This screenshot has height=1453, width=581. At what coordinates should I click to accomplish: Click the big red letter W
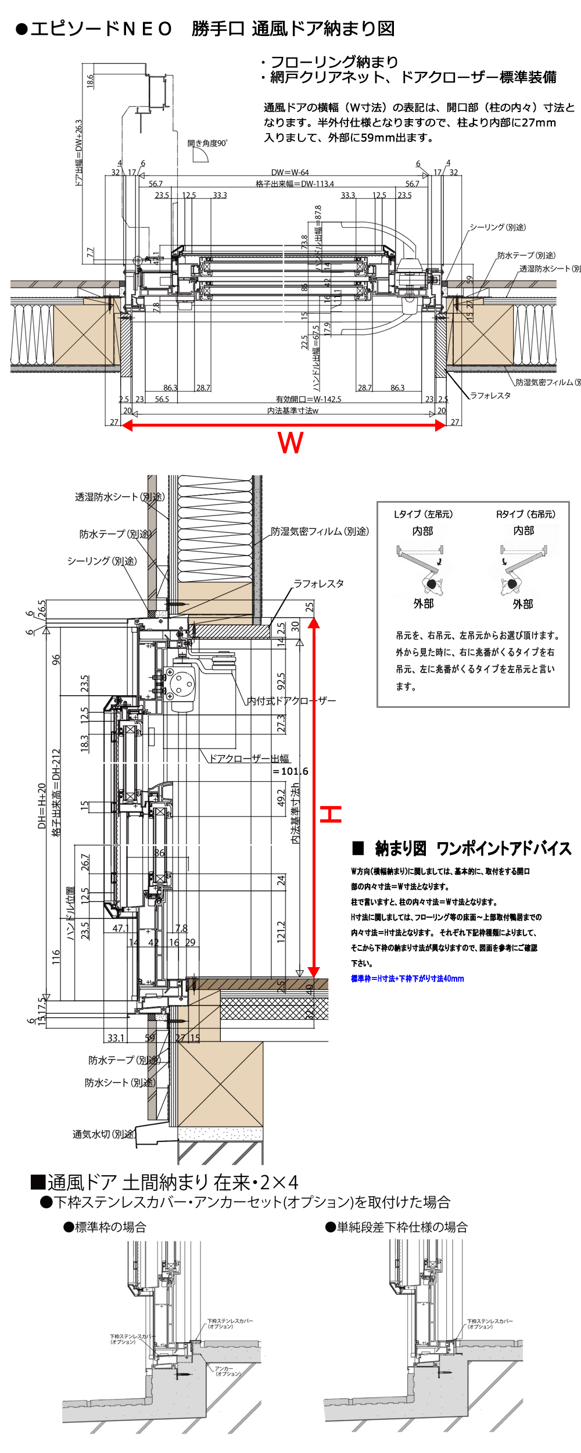tap(290, 443)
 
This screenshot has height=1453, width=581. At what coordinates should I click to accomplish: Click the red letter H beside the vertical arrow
tap(331, 814)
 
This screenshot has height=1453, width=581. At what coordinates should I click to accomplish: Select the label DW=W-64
tap(290, 172)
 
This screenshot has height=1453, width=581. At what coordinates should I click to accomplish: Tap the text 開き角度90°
tap(207, 143)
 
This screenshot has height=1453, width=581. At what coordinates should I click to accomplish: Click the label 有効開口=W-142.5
tap(308, 399)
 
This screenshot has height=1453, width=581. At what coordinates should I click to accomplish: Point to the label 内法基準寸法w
tap(292, 410)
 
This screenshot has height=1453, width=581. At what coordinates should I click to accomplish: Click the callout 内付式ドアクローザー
tap(291, 701)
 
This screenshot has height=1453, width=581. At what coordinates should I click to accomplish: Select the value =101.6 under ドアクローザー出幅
tap(290, 771)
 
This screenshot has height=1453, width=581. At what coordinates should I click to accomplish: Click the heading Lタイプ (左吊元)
tap(423, 514)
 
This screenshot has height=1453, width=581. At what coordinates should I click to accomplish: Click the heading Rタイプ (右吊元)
tap(525, 514)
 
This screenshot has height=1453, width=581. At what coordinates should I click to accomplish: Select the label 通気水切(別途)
tap(103, 1134)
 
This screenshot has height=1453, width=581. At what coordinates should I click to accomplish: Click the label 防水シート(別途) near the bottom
tap(120, 1082)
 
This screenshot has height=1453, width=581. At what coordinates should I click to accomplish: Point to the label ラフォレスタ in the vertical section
tap(318, 584)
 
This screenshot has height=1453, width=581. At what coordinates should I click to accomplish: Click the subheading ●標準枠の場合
tap(105, 1227)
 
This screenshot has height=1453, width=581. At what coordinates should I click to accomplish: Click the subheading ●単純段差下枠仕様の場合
tap(396, 1227)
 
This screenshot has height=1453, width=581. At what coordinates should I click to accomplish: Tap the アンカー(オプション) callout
tap(227, 1371)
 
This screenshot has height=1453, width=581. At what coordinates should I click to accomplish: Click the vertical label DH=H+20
tap(42, 806)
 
